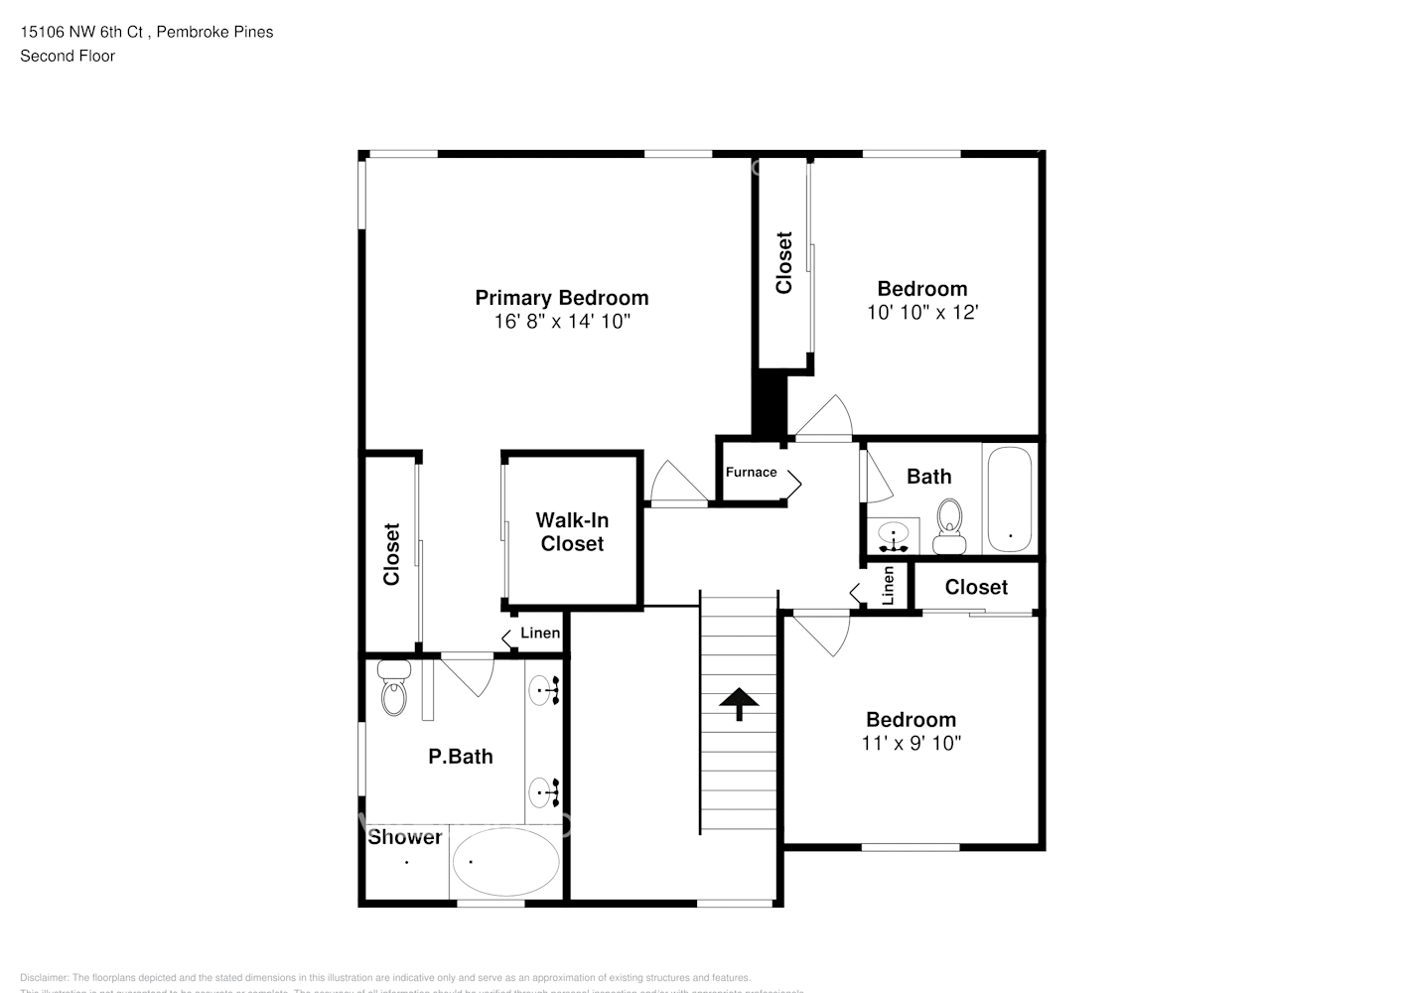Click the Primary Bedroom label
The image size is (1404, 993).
click(561, 298)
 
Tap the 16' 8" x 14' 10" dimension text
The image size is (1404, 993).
click(562, 322)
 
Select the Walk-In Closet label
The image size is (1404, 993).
click(572, 532)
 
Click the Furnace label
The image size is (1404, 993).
click(751, 473)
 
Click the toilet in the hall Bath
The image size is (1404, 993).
click(950, 526)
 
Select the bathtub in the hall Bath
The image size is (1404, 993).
click(1010, 499)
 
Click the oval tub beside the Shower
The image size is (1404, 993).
click(505, 862)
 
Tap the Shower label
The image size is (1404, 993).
click(405, 837)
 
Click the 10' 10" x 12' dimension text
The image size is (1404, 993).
click(922, 312)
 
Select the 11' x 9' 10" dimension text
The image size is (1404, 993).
click(911, 743)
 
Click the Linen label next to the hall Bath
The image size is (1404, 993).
click(889, 586)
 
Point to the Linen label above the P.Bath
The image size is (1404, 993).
click(540, 634)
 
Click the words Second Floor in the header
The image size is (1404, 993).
click(68, 56)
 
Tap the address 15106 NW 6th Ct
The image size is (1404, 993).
click(84, 32)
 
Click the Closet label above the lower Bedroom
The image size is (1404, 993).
click(976, 587)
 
